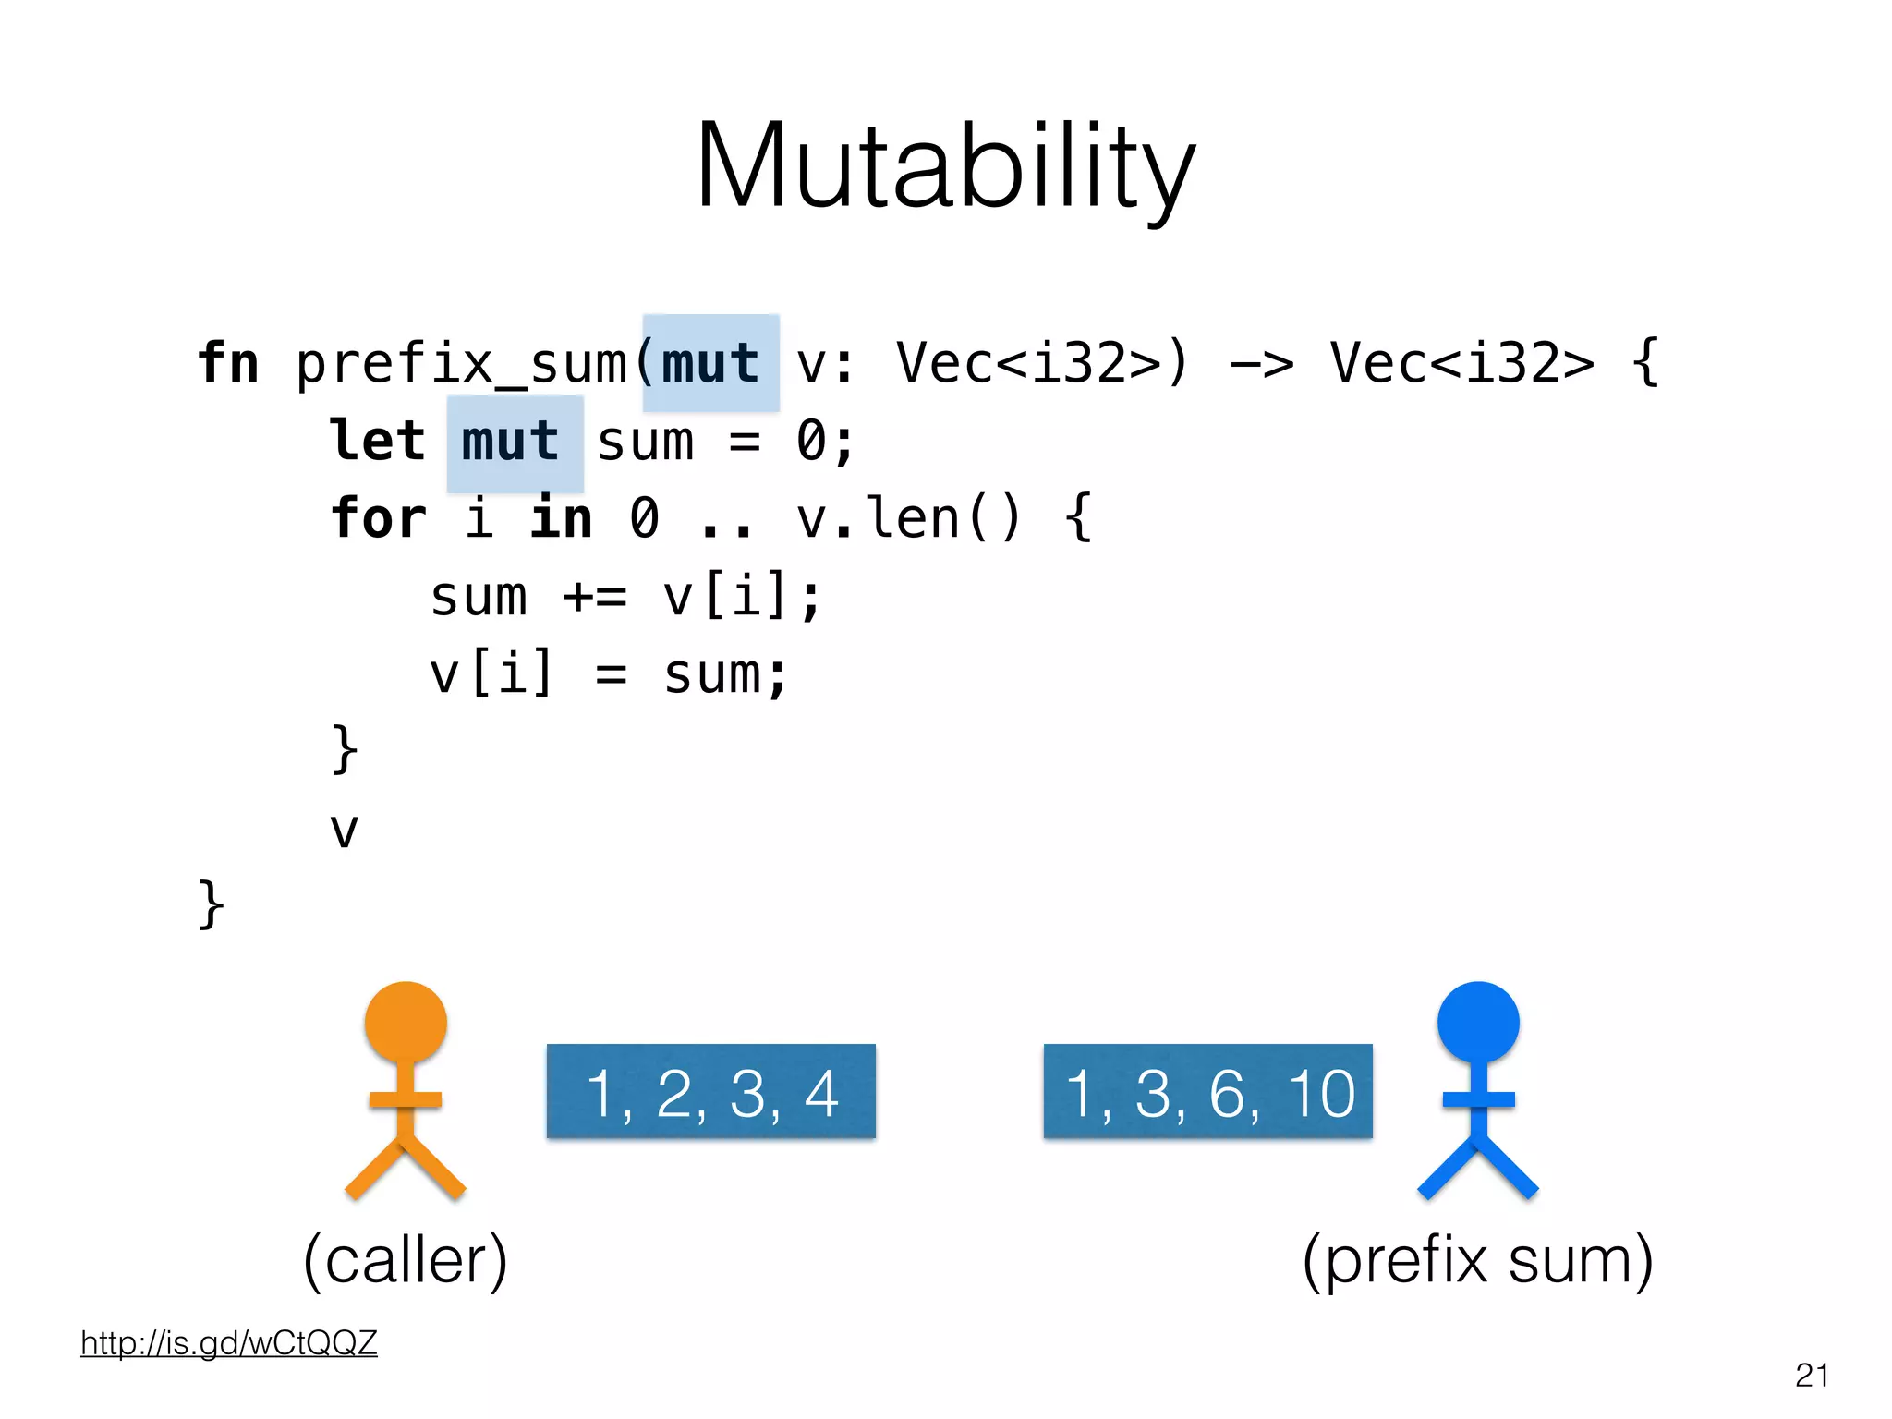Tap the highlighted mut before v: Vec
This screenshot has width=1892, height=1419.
point(710,363)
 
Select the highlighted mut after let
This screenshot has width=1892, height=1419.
point(514,443)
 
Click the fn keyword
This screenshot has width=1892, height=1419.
point(228,363)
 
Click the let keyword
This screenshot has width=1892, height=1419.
point(378,442)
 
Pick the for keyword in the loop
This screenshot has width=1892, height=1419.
point(379,518)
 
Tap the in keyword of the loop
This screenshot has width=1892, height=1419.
point(561,518)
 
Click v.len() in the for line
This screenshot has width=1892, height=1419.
point(909,518)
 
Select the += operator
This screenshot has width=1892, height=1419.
point(595,597)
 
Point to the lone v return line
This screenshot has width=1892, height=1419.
point(344,830)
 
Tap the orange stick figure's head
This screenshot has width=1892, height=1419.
point(406,1023)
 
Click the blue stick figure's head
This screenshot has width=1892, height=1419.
point(1478,1023)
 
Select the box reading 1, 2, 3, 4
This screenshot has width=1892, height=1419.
point(710,1091)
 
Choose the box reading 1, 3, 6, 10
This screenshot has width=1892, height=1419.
point(1207,1091)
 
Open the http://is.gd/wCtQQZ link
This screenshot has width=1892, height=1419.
point(229,1342)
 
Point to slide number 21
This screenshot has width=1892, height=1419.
point(1812,1376)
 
